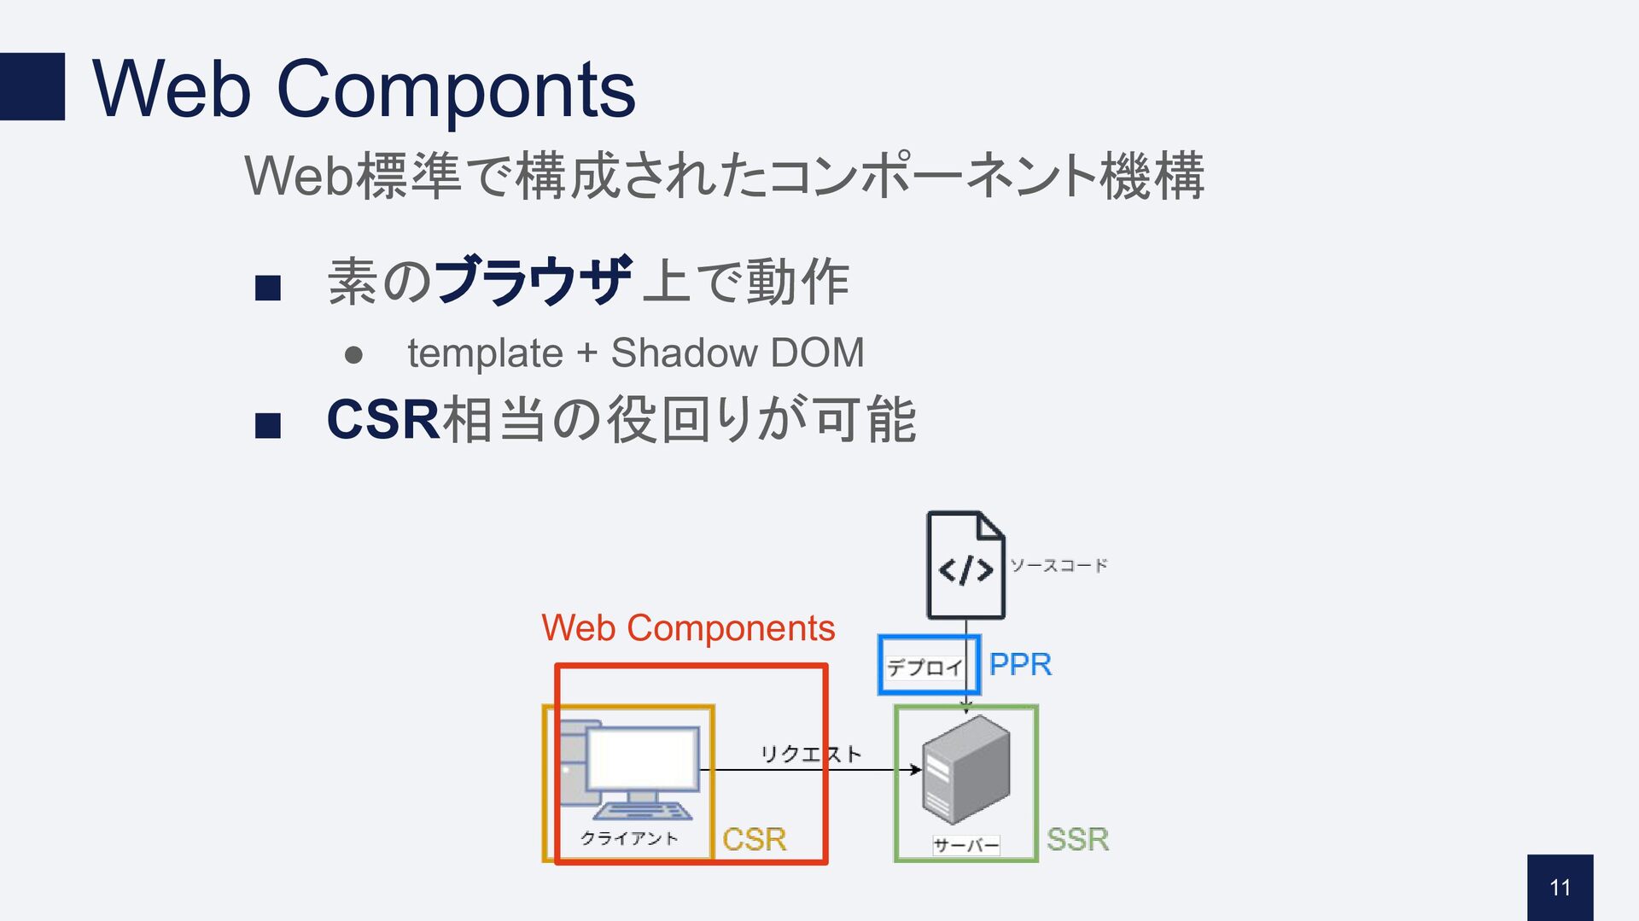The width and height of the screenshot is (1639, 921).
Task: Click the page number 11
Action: tap(1560, 888)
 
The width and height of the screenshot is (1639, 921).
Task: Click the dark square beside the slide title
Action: tap(32, 86)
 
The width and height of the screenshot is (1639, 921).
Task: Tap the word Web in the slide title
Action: tap(171, 89)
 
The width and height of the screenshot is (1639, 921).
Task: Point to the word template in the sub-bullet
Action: tap(485, 353)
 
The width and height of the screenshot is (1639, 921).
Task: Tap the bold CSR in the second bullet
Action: tap(382, 420)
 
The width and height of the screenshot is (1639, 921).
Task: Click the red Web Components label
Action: tap(688, 628)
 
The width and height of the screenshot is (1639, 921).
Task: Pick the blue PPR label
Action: tap(1020, 664)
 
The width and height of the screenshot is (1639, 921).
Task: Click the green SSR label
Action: tap(1077, 839)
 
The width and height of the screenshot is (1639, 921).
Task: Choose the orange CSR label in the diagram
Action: tap(754, 839)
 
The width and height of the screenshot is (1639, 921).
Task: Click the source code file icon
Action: tap(965, 565)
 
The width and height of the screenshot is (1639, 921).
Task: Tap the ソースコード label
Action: tap(1059, 565)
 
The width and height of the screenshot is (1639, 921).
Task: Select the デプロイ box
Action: tap(926, 666)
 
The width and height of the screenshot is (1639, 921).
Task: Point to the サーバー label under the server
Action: tap(965, 845)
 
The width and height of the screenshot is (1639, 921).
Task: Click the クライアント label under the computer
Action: tap(629, 838)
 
